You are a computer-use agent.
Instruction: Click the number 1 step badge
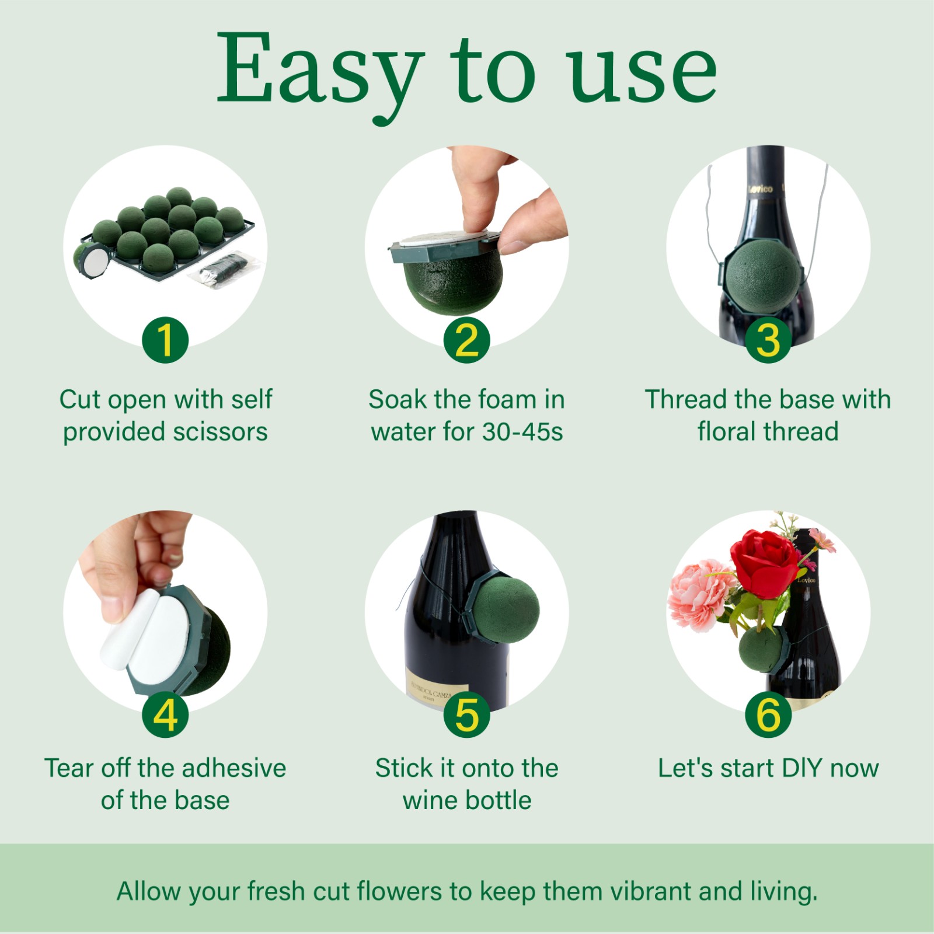point(165,340)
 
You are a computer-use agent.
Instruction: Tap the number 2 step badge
point(466,340)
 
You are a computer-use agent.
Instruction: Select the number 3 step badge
point(768,340)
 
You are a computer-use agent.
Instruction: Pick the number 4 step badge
point(165,714)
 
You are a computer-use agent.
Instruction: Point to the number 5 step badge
point(466,714)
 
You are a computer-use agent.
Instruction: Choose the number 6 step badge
point(768,714)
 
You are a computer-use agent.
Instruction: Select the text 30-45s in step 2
point(522,432)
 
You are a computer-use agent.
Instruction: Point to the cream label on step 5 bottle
point(435,693)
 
